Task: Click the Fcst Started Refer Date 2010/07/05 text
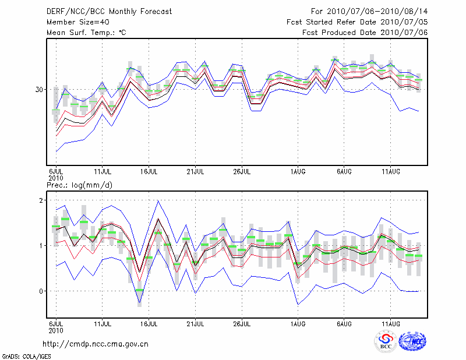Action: [x=357, y=22]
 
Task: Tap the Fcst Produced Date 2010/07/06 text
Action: [x=365, y=32]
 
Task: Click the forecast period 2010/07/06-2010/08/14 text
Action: [x=369, y=11]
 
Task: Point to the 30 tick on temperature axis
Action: [x=40, y=90]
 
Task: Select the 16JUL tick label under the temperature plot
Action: [x=149, y=172]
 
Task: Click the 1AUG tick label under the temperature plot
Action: [x=298, y=172]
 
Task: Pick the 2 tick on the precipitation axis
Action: [x=41, y=200]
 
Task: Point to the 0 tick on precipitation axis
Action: [x=41, y=291]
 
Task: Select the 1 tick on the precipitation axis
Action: [x=41, y=246]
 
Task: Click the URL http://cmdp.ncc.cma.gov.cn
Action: [x=96, y=344]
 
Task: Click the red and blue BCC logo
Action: [x=386, y=342]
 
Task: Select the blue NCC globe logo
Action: [x=412, y=342]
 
